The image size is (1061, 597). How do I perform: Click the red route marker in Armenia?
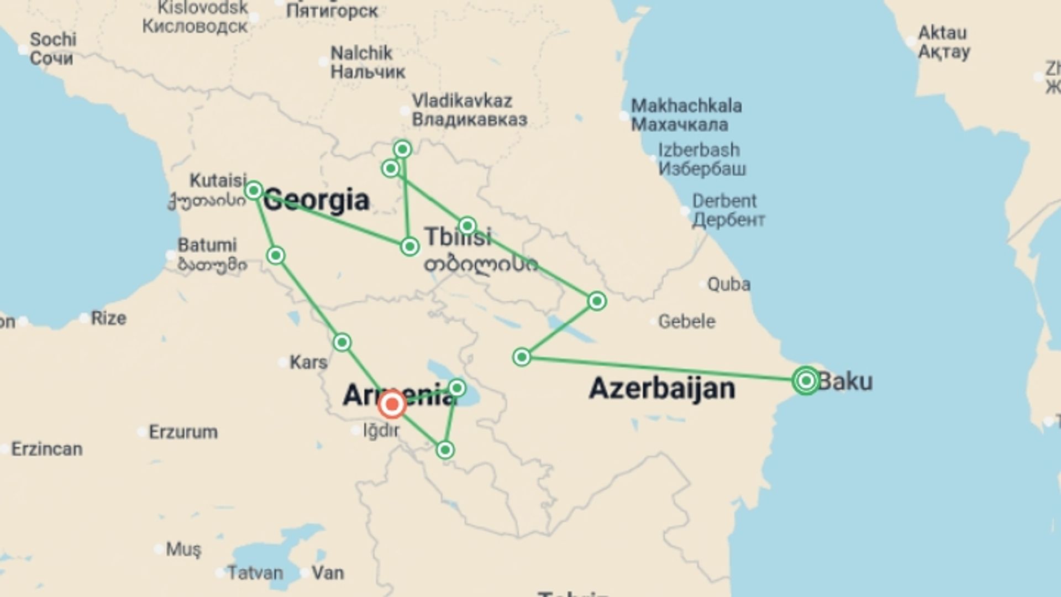(392, 404)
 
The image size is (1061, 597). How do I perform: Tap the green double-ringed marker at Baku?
(806, 380)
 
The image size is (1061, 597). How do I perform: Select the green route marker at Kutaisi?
(254, 191)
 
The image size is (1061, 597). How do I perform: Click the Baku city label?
(845, 381)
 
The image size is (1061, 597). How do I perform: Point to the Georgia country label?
(316, 200)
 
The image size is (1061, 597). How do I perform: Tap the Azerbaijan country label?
(662, 388)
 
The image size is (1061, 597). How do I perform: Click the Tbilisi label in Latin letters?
(458, 237)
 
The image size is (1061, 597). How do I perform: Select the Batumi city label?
(207, 245)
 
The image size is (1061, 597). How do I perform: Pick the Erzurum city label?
(183, 432)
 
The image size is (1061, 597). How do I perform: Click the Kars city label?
(308, 362)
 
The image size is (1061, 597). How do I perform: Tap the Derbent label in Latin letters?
(724, 201)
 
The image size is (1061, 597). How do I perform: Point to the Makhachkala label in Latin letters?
(686, 106)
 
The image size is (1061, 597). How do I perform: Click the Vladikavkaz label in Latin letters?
(462, 101)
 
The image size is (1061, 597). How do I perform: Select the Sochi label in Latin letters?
(53, 39)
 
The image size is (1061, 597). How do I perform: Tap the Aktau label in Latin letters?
(942, 33)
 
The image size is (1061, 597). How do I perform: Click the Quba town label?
(729, 284)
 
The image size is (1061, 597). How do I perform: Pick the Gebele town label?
(686, 321)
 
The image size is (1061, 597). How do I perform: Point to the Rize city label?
(108, 318)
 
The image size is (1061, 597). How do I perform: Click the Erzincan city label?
(47, 449)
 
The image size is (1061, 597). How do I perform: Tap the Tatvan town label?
(255, 573)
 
